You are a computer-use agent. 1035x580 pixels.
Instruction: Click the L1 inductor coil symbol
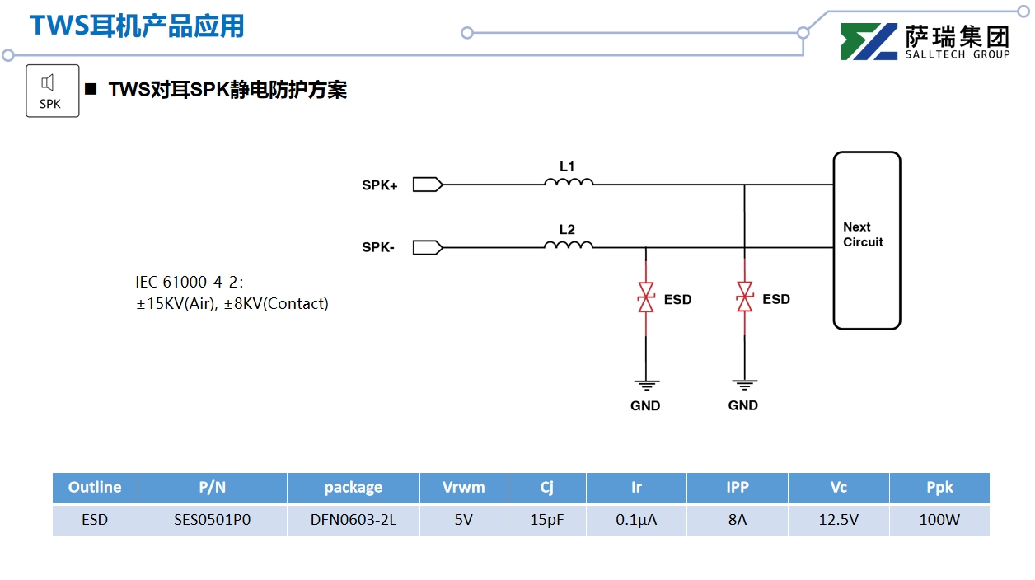[568, 182]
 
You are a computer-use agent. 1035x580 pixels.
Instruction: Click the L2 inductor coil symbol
[568, 245]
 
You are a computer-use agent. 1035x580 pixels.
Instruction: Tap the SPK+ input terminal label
[379, 186]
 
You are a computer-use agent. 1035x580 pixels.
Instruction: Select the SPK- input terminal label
[378, 247]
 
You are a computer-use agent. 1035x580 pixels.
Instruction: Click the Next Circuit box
[866, 240]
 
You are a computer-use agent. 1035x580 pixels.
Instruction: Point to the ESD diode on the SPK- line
[646, 297]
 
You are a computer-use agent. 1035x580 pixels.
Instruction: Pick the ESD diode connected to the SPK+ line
[745, 297]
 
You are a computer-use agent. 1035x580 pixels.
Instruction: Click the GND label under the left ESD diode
[645, 405]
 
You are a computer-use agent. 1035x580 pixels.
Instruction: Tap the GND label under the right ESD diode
[743, 405]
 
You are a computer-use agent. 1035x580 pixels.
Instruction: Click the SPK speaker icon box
[53, 91]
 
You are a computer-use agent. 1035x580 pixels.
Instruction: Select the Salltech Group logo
[925, 41]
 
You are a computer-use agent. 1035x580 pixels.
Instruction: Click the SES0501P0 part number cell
[212, 521]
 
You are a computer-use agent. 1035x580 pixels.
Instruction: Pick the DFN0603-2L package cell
[353, 521]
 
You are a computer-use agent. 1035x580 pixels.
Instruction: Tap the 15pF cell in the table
[546, 521]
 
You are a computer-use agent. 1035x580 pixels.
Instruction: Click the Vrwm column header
[463, 487]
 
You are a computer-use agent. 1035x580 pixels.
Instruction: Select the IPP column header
[737, 487]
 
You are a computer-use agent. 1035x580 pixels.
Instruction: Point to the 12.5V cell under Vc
[838, 521]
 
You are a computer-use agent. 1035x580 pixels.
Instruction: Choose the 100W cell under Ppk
[939, 521]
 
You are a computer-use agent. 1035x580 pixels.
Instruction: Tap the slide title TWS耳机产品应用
[137, 26]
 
